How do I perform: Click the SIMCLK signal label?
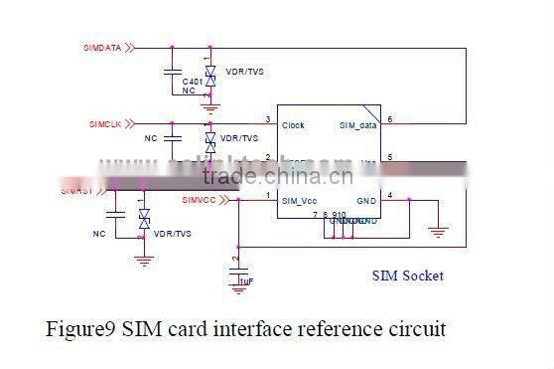(104, 124)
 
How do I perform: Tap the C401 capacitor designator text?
(192, 79)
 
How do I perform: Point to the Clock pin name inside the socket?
(293, 125)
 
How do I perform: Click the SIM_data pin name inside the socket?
(357, 126)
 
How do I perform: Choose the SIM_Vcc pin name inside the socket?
(299, 200)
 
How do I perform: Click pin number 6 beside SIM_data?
(390, 119)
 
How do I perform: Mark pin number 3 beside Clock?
(268, 119)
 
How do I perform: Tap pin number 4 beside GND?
(390, 194)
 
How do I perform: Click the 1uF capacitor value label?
(246, 281)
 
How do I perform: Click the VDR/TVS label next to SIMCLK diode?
(239, 138)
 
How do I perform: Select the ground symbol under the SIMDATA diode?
(209, 101)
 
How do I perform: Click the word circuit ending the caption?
(417, 328)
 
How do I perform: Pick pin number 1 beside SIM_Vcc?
(268, 194)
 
